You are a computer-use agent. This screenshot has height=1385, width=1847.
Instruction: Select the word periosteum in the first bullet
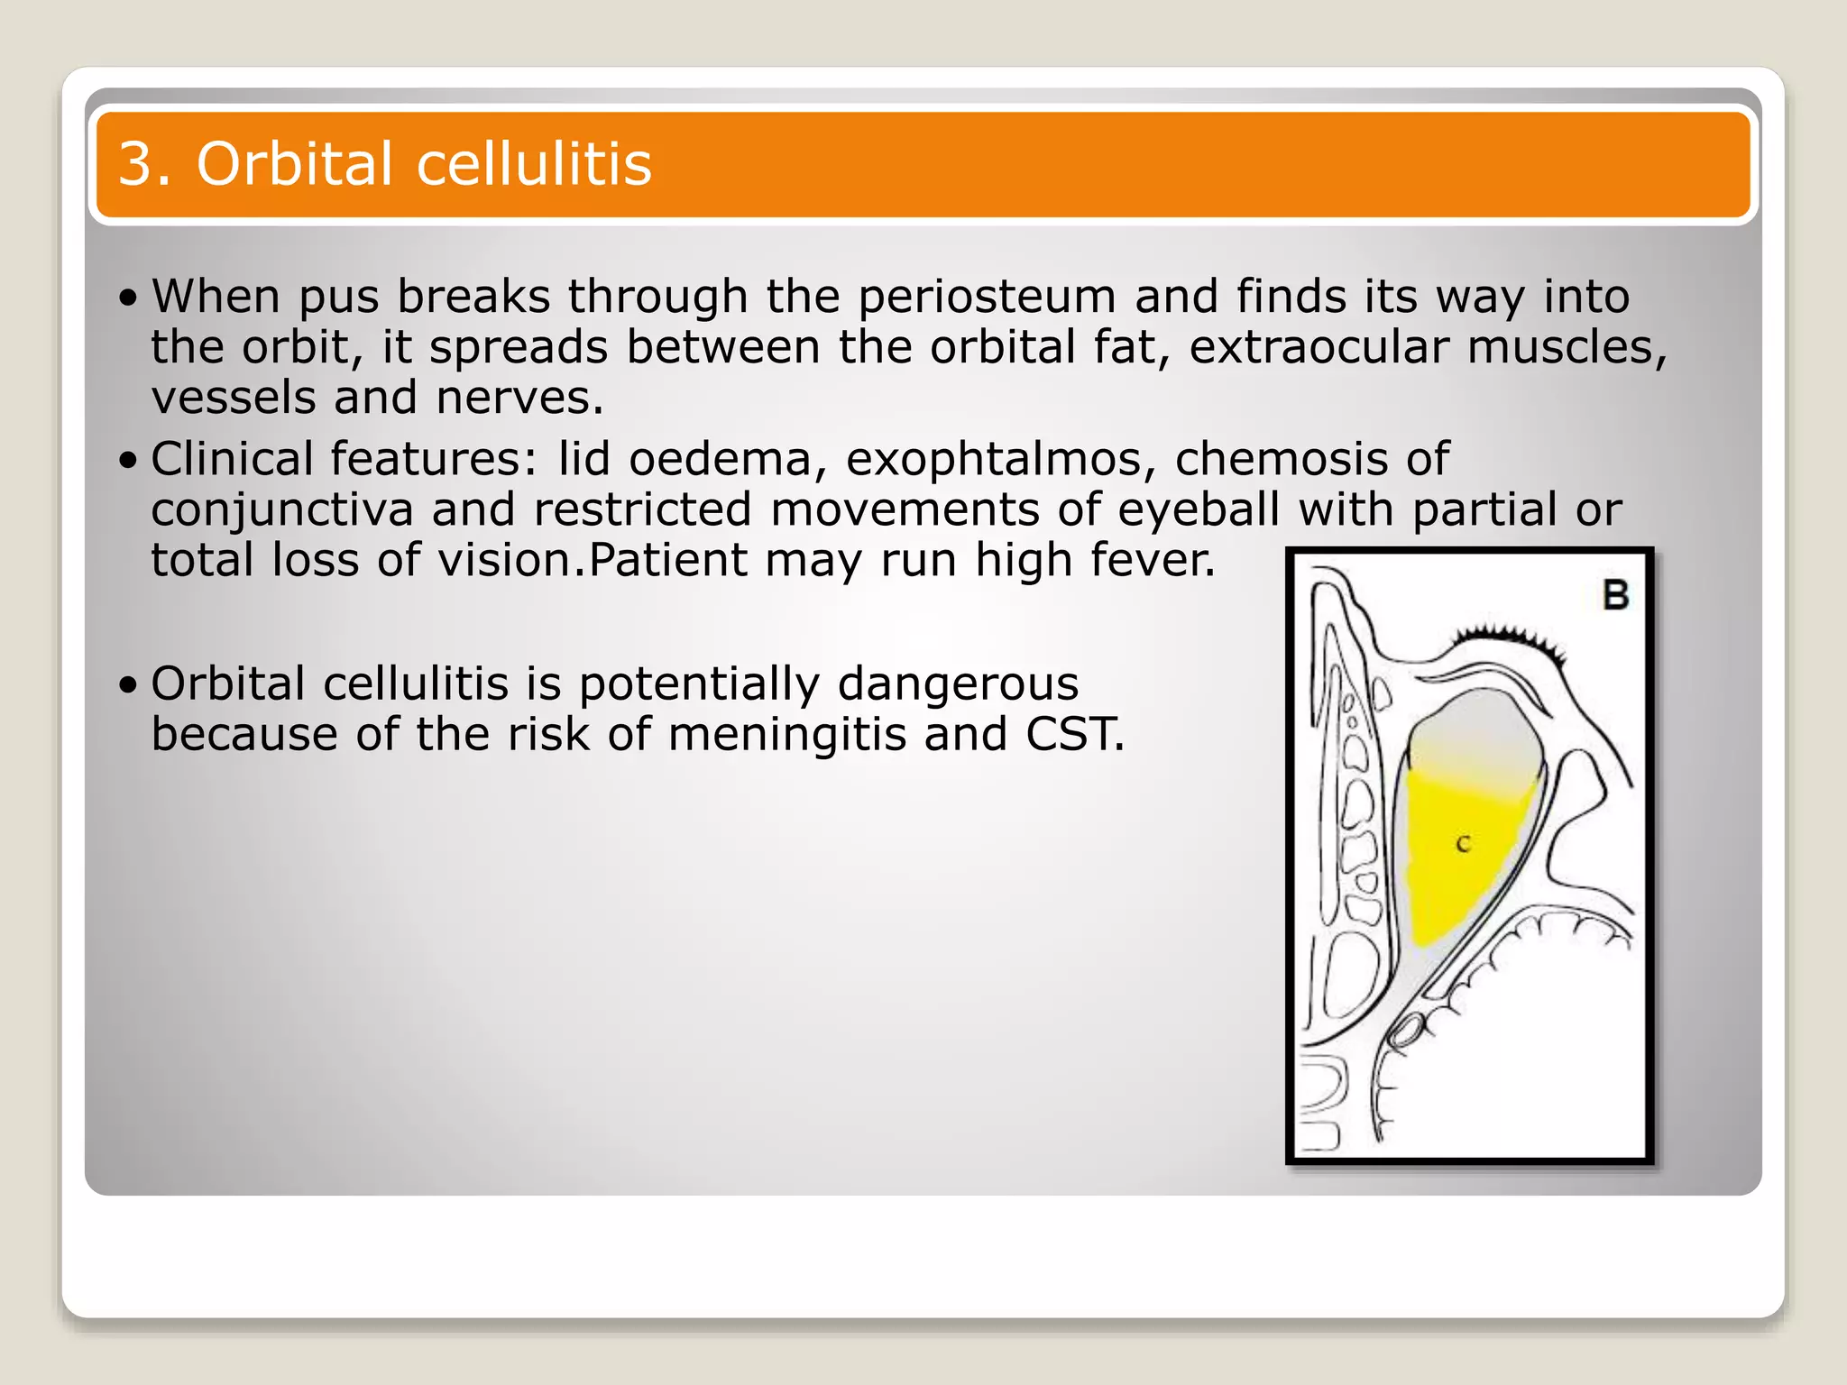tap(987, 298)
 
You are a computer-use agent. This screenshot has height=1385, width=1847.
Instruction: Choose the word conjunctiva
tap(281, 510)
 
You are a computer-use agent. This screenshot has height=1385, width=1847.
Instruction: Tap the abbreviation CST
tap(1074, 734)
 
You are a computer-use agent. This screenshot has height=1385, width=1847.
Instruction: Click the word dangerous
tap(958, 683)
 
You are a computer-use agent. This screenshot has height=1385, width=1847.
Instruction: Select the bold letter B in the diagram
tap(1615, 595)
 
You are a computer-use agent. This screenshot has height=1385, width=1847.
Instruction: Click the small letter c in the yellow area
tap(1463, 845)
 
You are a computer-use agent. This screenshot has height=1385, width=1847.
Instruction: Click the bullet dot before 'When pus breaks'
tap(128, 298)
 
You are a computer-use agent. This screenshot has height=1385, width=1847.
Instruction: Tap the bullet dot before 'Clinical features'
tap(128, 461)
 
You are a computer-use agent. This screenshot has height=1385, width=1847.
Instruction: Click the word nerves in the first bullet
tap(519, 399)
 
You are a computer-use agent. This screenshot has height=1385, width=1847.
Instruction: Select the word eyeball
tap(1198, 510)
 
